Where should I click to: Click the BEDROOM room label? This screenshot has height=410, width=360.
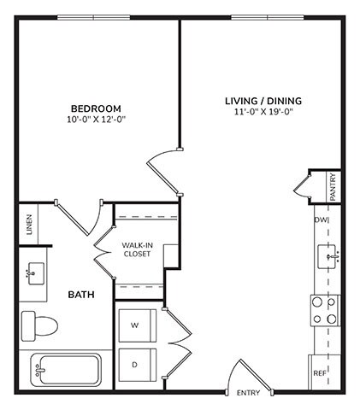[x=95, y=108]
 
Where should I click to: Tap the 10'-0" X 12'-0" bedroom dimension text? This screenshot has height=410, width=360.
[x=95, y=120]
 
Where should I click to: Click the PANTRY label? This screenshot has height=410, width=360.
[x=333, y=187]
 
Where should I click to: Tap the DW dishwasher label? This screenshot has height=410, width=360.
[x=322, y=220]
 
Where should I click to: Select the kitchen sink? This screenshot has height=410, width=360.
[x=329, y=254]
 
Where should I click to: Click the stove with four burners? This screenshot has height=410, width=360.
[x=325, y=310]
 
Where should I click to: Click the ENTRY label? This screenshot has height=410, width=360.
[x=248, y=394]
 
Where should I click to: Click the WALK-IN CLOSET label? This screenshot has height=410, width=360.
[x=137, y=249]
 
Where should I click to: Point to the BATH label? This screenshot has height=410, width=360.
[x=81, y=295]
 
